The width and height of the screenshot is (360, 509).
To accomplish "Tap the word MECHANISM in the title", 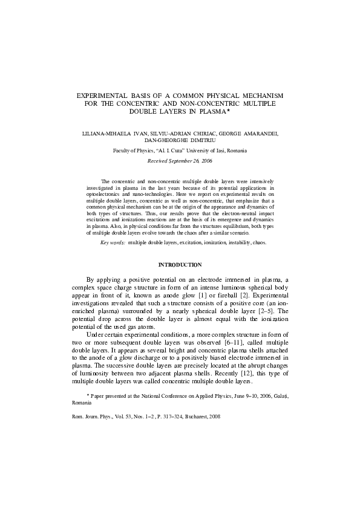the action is click(x=262, y=97).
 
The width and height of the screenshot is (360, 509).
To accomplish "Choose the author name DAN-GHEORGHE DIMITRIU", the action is click(x=180, y=140).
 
